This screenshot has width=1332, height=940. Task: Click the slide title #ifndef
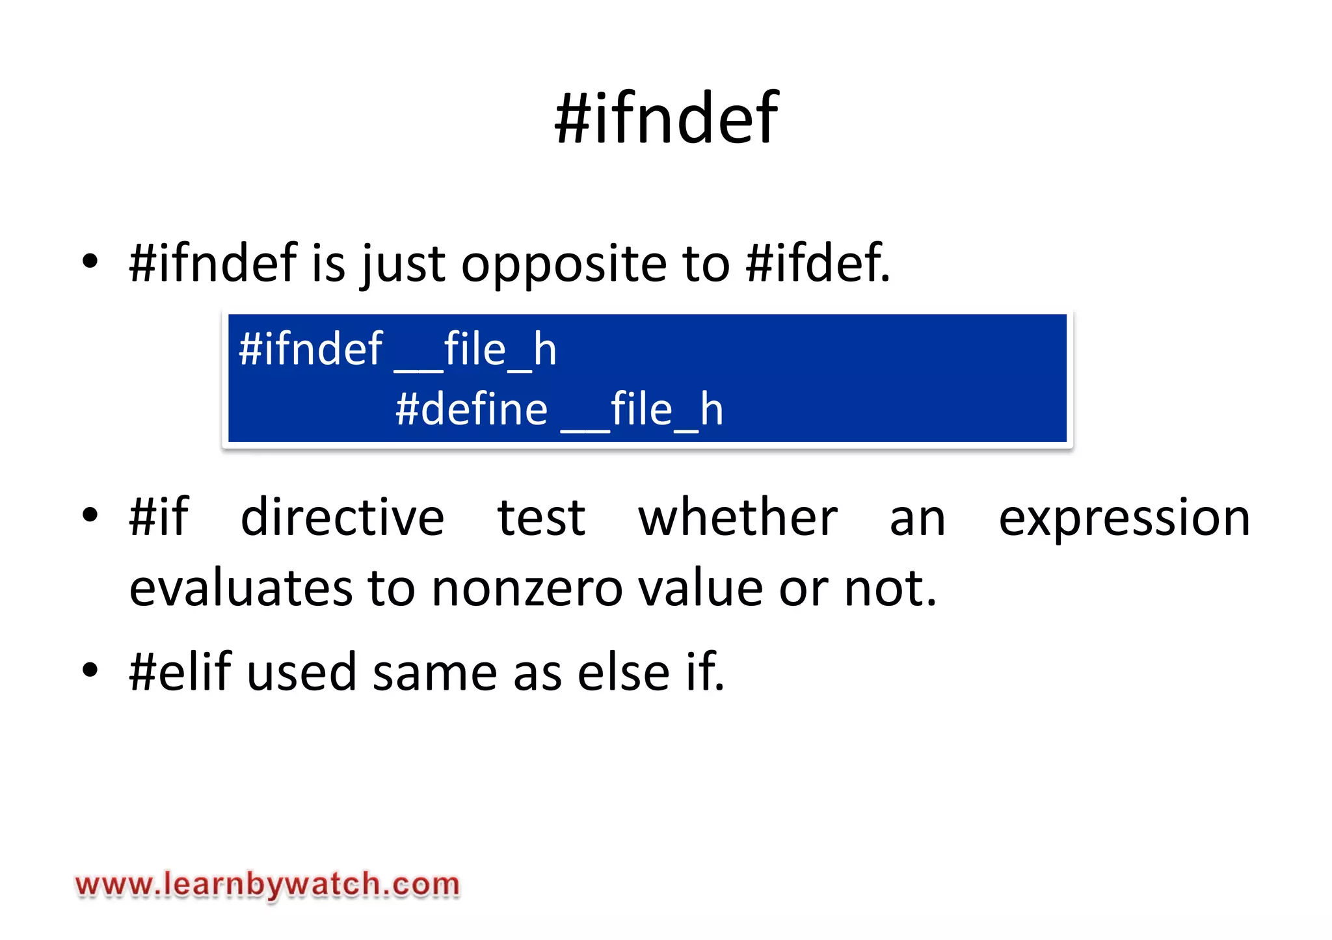(666, 118)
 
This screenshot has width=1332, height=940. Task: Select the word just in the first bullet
(403, 264)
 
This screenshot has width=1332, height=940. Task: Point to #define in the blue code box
(472, 410)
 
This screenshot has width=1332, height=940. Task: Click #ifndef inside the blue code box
(310, 349)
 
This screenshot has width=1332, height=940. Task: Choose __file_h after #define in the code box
(642, 410)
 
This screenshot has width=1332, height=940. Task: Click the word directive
(343, 517)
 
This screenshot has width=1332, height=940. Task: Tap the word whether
(738, 517)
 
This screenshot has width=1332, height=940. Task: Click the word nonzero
(527, 588)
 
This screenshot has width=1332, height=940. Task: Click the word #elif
(180, 672)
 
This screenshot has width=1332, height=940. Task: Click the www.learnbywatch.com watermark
(267, 885)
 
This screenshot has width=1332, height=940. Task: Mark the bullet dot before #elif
(90, 670)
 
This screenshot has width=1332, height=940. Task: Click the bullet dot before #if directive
(90, 516)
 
